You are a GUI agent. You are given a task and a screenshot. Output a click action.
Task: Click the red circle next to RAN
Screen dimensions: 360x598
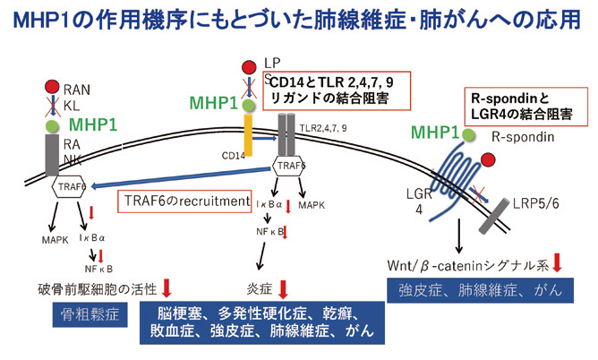tap(51, 90)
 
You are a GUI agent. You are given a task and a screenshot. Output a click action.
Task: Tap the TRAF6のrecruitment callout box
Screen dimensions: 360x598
tap(184, 202)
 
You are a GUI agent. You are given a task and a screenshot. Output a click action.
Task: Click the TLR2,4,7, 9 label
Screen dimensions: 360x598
tap(324, 129)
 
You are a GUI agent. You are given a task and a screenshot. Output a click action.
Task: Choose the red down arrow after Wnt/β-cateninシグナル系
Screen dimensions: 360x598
tap(558, 262)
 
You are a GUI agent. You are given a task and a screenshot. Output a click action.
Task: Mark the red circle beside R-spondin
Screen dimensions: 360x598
tap(488, 161)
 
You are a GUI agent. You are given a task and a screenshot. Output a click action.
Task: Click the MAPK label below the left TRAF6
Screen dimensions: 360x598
tap(56, 239)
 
